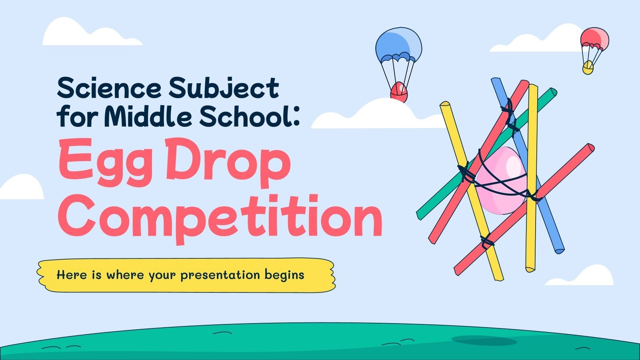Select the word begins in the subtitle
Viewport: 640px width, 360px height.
pos(284,276)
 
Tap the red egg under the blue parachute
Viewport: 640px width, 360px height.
pos(398,92)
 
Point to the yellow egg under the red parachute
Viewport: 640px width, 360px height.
pos(588,68)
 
